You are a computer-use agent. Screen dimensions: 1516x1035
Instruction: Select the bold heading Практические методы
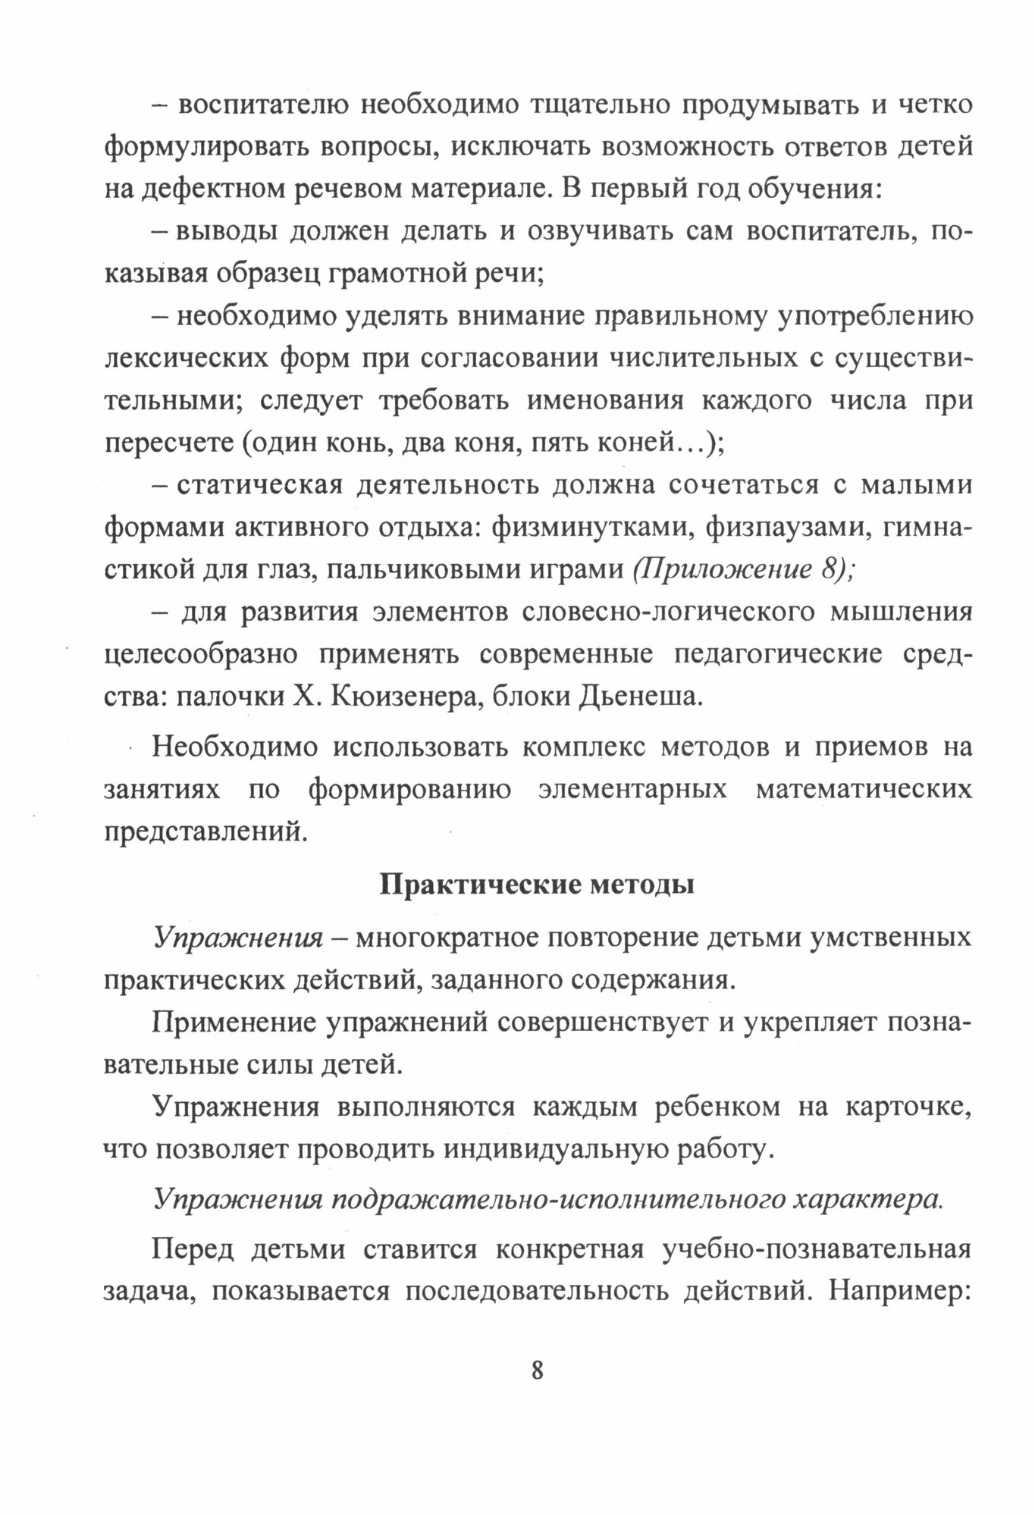pos(536,885)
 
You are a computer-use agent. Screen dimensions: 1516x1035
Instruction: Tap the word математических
pos(864,790)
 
